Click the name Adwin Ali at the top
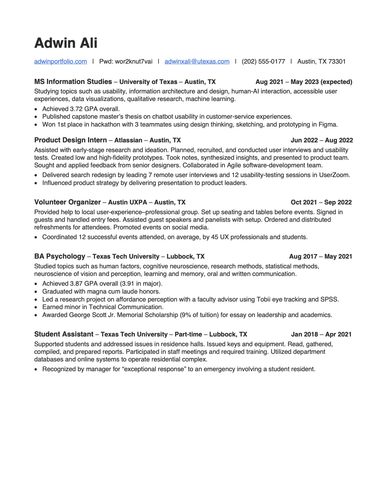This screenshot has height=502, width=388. coord(66,43)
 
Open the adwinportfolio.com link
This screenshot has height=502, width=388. coord(61,61)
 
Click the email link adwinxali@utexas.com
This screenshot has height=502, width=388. coord(197,61)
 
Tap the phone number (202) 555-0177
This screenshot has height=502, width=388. coord(263,61)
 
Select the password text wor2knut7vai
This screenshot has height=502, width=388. coord(134,61)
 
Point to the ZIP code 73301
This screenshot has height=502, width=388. coord(337,61)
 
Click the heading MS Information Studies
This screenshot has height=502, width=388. coord(73,82)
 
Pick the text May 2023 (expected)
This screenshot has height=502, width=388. coord(321,82)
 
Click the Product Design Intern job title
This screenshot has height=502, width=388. coord(71,140)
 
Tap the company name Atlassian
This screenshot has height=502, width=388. coord(128,140)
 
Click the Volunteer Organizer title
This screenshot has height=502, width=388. coord(68,202)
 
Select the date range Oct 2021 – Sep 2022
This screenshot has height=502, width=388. coord(321,202)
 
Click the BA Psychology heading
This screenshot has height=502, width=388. coord(60,256)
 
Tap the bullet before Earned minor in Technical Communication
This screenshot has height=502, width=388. coord(37,307)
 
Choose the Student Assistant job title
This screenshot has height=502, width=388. coord(64,334)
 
